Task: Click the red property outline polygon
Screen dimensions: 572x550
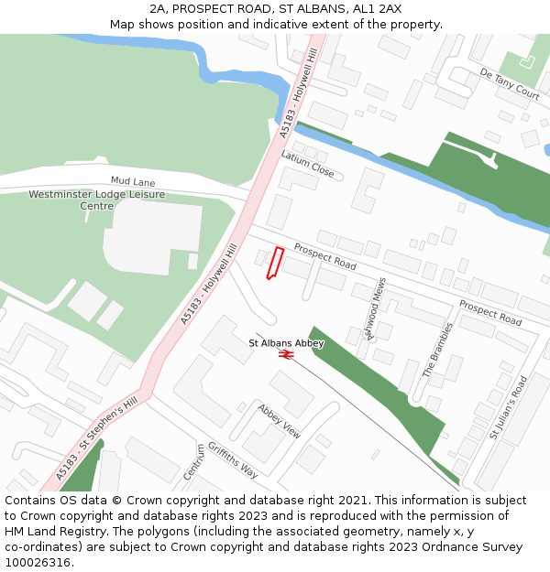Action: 274,263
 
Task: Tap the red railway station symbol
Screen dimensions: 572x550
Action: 286,353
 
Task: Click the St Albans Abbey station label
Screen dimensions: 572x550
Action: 286,343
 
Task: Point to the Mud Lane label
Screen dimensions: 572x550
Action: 133,182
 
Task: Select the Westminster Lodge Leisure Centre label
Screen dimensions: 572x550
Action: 96,200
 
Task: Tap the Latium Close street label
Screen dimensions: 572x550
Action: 307,164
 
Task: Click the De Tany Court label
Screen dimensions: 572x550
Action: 509,82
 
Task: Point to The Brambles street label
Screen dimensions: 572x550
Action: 437,350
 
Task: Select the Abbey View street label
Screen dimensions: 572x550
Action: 279,421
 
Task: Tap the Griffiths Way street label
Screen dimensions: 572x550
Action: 232,459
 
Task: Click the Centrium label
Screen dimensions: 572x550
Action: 193,462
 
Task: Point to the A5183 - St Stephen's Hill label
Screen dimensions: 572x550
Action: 95,437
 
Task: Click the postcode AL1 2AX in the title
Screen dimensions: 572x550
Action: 379,8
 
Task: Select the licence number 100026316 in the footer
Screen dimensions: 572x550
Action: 39,563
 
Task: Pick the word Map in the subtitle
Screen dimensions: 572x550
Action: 123,24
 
